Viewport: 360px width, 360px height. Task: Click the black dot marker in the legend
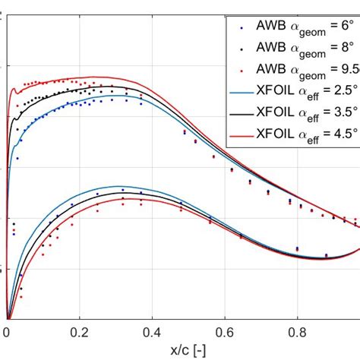[x=242, y=49]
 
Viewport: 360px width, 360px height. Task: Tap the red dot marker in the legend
[x=242, y=71]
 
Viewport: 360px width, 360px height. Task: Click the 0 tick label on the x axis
[x=7, y=332]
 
